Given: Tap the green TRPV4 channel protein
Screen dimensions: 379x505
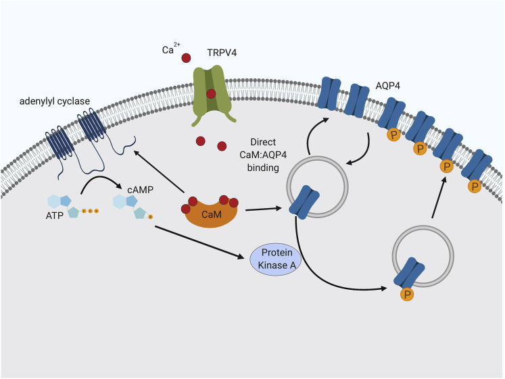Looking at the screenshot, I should coord(211,95).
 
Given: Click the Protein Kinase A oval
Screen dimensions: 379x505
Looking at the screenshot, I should coord(278,258).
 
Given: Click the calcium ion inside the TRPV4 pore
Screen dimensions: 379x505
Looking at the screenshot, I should coord(211,94).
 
